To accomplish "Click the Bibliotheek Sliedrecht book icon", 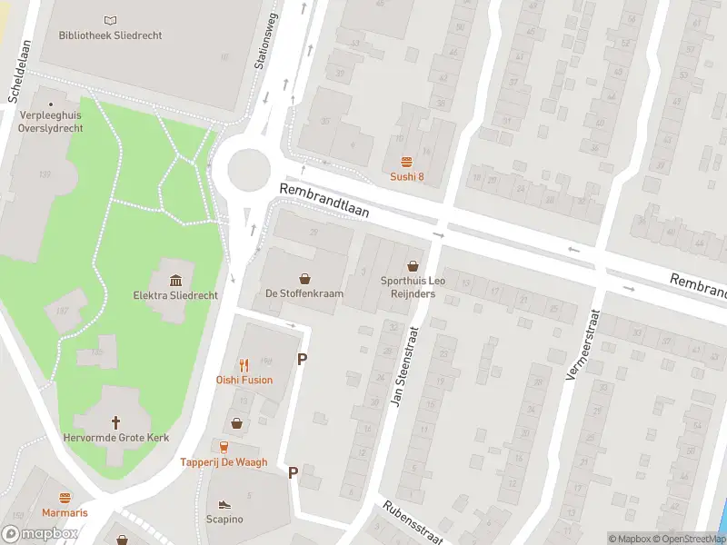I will point(110,20).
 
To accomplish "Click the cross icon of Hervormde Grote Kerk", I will point(116,421).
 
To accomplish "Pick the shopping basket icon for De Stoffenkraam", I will point(304,278).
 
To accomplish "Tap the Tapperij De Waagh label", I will point(224,462).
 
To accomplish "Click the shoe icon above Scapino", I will point(224,502).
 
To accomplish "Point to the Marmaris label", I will point(65,513).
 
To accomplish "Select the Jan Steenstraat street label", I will point(406,366).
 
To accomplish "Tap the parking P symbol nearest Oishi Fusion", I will point(302,360).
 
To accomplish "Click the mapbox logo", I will point(40,534).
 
